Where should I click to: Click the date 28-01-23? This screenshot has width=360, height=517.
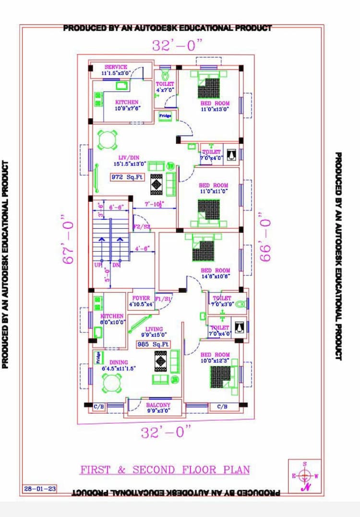[40, 489]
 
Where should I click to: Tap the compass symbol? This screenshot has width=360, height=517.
[304, 476]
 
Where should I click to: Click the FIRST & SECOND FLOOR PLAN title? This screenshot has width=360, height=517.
[165, 470]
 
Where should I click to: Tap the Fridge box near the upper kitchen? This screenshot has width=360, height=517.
[165, 116]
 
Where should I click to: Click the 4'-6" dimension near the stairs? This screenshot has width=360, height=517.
[143, 248]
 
